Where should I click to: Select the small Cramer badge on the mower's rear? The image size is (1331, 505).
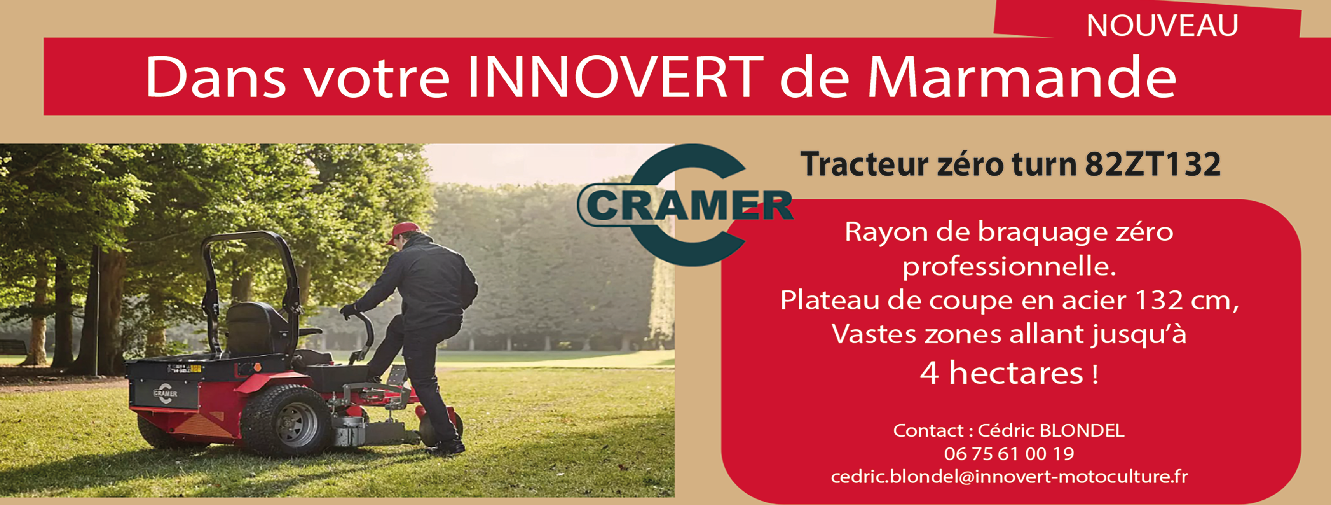pos(165,393)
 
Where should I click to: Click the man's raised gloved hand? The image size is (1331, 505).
pos(347,311)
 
